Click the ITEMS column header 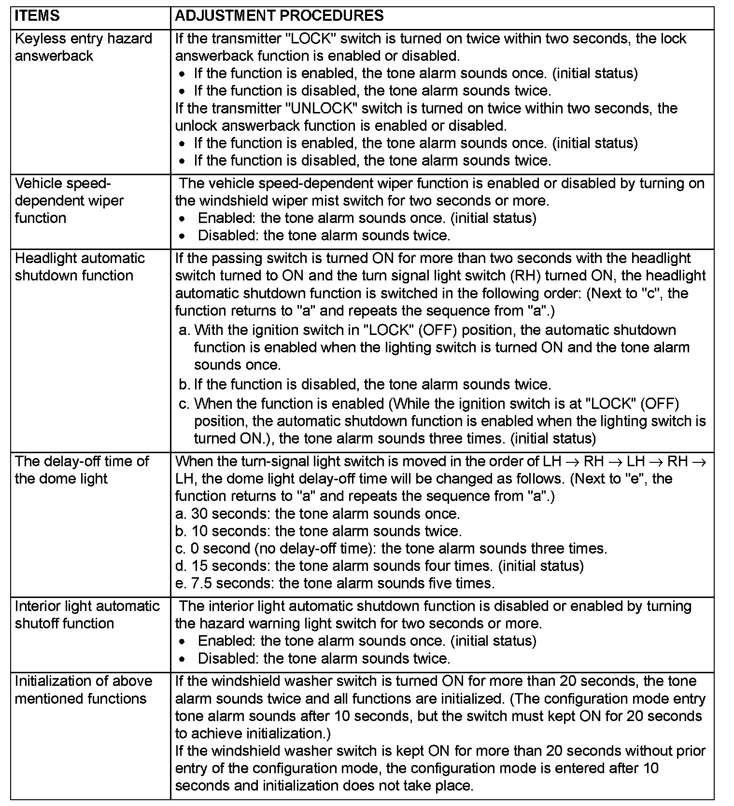(37, 16)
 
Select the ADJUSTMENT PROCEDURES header (279, 16)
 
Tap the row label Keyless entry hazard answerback (83, 47)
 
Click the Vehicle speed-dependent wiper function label (69, 201)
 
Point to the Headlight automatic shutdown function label (80, 267)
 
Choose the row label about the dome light (82, 470)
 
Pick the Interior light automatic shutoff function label (87, 614)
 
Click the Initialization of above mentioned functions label (83, 690)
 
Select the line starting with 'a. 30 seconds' (317, 514)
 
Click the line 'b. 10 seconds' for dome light (318, 531)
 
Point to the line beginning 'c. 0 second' (391, 548)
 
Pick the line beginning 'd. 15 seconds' (379, 566)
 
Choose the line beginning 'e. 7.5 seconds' (335, 583)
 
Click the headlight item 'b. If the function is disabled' (365, 385)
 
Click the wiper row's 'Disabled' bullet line (324, 236)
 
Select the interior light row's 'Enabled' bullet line (367, 641)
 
